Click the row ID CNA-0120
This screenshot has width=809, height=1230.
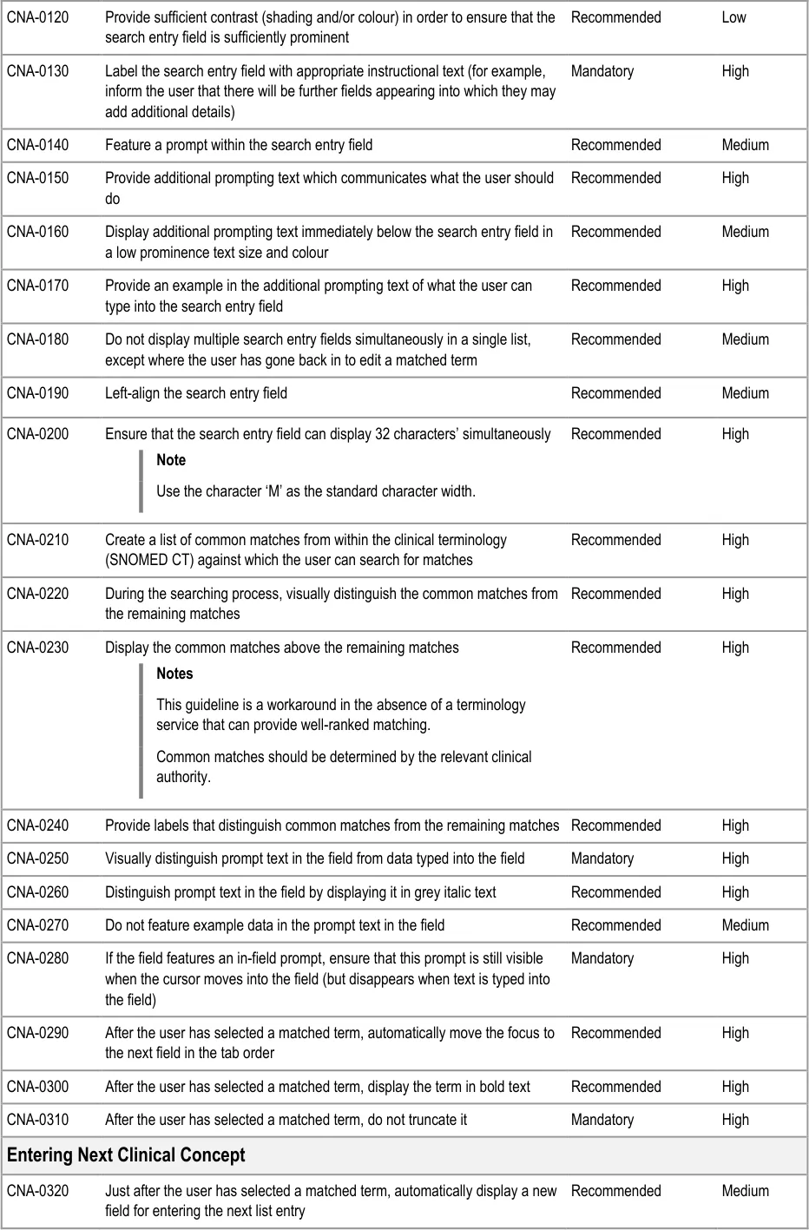37,17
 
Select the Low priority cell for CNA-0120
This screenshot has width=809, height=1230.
733,17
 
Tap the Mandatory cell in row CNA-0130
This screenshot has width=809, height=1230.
602,71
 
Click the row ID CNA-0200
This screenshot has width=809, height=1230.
37,434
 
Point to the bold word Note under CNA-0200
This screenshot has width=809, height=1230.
171,460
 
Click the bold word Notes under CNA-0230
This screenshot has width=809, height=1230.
174,674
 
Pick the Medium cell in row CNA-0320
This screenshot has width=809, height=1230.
745,1191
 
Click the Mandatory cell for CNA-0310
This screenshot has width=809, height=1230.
602,1120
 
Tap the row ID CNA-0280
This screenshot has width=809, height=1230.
37,958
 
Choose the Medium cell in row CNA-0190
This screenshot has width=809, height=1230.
745,393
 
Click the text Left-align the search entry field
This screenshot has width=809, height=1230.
196,393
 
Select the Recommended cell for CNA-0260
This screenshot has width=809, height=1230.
615,892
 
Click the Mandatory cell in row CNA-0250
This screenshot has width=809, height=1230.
602,858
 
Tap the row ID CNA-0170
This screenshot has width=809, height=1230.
37,286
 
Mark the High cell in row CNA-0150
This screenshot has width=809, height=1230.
735,178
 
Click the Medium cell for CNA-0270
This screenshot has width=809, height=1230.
745,925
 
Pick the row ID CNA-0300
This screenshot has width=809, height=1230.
37,1087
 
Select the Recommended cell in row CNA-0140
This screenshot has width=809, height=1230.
615,145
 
